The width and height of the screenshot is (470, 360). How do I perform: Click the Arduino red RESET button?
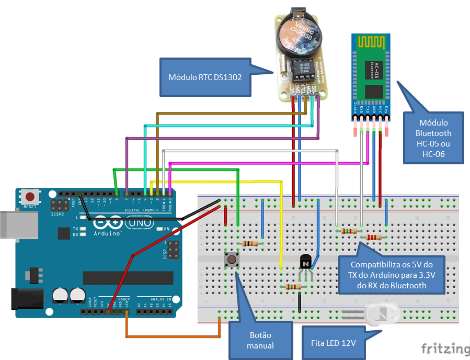click(30, 197)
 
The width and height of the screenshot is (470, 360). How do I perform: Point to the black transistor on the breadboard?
click(305, 261)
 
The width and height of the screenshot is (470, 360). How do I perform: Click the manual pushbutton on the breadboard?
click(230, 258)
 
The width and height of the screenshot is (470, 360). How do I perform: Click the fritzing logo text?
click(445, 348)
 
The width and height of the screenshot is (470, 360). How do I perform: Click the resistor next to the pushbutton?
click(249, 243)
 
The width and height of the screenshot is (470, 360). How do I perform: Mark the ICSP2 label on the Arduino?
click(57, 214)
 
